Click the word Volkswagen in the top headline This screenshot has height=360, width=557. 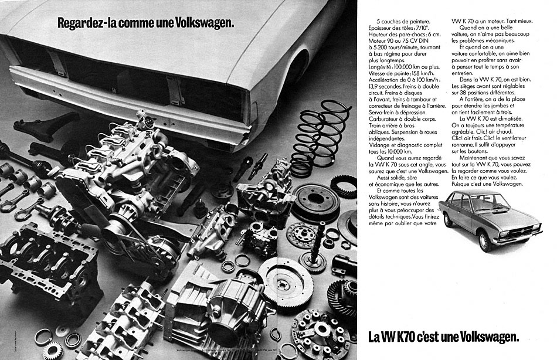tap(203, 24)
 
